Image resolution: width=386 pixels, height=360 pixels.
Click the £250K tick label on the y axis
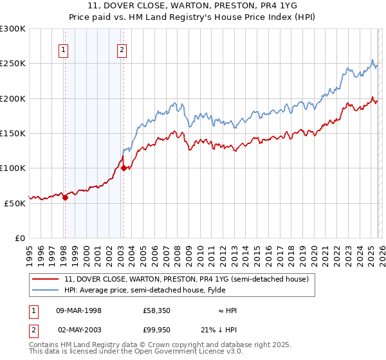point(13,64)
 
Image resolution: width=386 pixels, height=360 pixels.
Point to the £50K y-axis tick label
point(15,203)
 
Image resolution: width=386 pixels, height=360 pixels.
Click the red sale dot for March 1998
point(65,198)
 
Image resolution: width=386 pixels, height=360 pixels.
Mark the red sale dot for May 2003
point(124,168)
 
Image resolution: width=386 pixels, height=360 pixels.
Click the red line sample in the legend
point(46,279)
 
